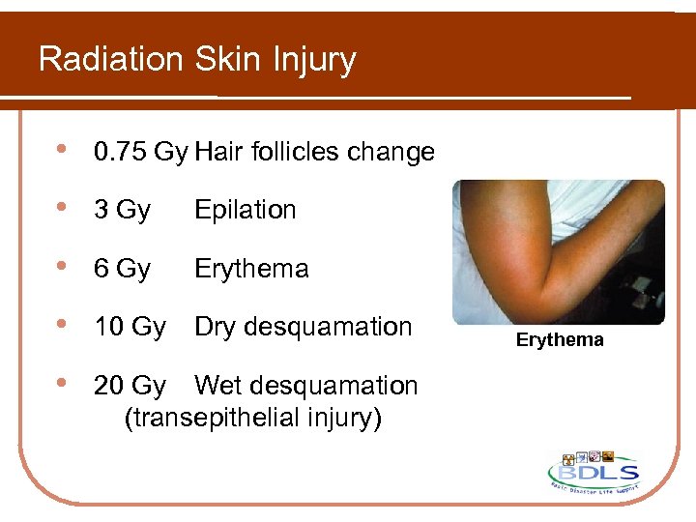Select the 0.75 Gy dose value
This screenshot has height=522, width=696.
coord(140,153)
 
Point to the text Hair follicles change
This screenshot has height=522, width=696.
coord(314,153)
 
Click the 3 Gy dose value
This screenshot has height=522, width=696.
coord(122,211)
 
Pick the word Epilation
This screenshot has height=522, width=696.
coord(245,211)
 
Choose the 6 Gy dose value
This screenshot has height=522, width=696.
coord(122,269)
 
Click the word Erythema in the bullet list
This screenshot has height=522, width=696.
coord(251,269)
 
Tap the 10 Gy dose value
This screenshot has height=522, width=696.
coord(130,327)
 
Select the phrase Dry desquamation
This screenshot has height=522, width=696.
coord(303,327)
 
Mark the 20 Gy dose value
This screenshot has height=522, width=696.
coord(130,386)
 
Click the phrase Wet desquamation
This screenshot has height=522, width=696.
coord(305,386)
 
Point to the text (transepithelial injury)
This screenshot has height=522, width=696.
coord(253,418)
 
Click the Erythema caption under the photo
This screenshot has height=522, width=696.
coord(560,340)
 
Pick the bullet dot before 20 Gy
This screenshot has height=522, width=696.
coord(62,385)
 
